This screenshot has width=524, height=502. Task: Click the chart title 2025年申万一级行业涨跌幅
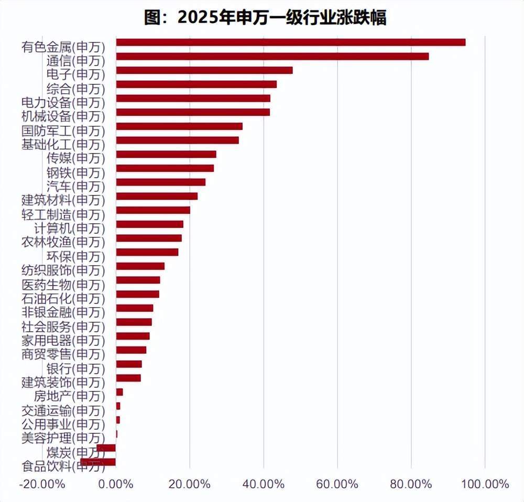[265, 17]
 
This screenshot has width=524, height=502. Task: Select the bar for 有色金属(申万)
[290, 42]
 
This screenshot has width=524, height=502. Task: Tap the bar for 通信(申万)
[272, 57]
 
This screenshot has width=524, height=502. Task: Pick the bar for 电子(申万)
[204, 70]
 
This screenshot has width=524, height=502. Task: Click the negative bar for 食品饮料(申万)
[98, 462]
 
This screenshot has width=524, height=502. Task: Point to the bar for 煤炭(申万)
[106, 448]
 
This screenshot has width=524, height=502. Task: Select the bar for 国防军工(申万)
[179, 126]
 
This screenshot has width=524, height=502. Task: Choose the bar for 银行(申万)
[128, 364]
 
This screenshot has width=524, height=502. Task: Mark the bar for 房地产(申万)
[119, 392]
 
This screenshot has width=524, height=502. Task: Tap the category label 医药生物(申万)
[63, 285]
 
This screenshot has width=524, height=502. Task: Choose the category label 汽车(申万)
[75, 186]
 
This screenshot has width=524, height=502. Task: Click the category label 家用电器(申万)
[63, 341]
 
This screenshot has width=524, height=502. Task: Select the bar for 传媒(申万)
[166, 154]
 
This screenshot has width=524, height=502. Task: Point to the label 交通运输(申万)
[63, 410]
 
